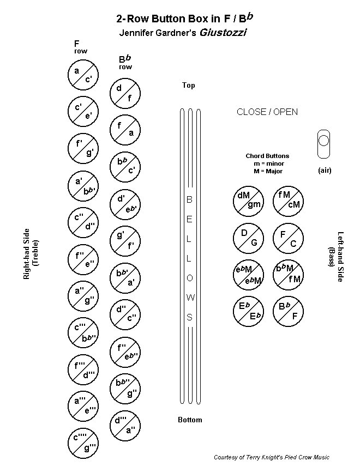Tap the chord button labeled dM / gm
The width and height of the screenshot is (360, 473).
tap(248, 200)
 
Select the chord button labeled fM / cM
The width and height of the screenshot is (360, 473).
tap(288, 200)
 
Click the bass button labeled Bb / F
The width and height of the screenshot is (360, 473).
tap(288, 311)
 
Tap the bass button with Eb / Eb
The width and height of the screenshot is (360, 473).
tap(248, 311)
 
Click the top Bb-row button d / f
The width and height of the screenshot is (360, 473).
tap(125, 93)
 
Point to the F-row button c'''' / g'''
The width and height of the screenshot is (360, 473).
tap(83, 442)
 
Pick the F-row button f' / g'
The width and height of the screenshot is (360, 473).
tap(83, 148)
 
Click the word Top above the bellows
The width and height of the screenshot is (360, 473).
tap(189, 86)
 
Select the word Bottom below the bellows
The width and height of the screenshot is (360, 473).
tap(190, 420)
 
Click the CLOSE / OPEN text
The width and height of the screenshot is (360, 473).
tap(267, 112)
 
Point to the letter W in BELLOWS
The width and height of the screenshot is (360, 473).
tap(190, 298)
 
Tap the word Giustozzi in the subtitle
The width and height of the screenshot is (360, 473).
tap(223, 33)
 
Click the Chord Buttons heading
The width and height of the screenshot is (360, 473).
tap(267, 156)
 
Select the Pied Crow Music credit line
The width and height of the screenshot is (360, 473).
tap(272, 457)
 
